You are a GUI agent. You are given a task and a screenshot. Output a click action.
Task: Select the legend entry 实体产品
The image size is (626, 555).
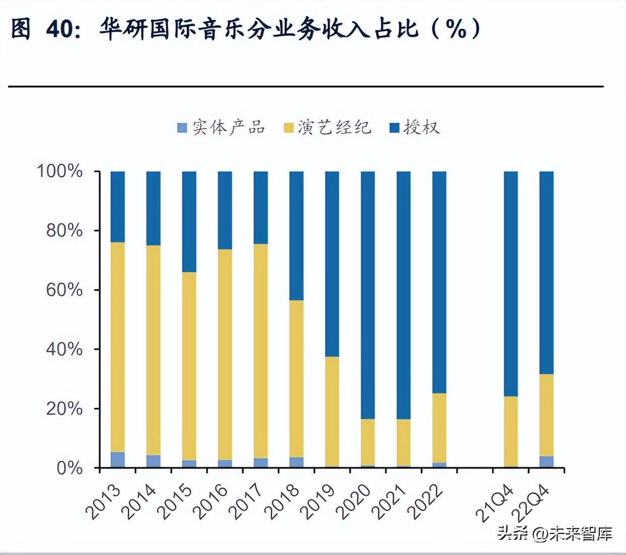click(221, 127)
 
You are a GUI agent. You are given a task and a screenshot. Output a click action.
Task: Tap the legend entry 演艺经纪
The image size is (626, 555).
click(328, 127)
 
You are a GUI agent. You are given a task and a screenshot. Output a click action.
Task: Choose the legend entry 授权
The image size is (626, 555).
click(415, 127)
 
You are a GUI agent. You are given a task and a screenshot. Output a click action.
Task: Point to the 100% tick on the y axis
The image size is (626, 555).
click(59, 171)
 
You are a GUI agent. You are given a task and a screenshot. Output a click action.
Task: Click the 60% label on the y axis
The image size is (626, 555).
click(64, 290)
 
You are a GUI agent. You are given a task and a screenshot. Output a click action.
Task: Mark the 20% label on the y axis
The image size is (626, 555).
click(64, 408)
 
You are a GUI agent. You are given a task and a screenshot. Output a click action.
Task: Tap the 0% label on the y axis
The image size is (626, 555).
click(69, 468)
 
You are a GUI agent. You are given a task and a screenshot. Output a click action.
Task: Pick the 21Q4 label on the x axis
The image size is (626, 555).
click(495, 503)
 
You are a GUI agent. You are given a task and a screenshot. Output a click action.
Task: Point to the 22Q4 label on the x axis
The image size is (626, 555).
click(530, 503)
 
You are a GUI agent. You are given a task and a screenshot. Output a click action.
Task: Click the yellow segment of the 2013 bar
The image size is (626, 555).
click(118, 347)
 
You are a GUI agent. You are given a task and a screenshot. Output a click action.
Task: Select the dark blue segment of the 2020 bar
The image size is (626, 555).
click(368, 295)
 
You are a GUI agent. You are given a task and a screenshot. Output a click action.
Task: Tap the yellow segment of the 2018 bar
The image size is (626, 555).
click(296, 379)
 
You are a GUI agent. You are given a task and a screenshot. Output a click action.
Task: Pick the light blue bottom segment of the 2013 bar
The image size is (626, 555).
click(118, 460)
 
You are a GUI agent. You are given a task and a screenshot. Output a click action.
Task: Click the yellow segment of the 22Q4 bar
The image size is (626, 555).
click(546, 415)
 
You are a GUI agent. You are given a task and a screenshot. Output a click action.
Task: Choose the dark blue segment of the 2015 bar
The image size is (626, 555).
click(189, 222)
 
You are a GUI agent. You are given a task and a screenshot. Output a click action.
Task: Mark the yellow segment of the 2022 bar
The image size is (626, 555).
click(439, 428)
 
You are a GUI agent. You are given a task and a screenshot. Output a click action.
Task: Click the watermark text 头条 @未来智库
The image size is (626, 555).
click(555, 533)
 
